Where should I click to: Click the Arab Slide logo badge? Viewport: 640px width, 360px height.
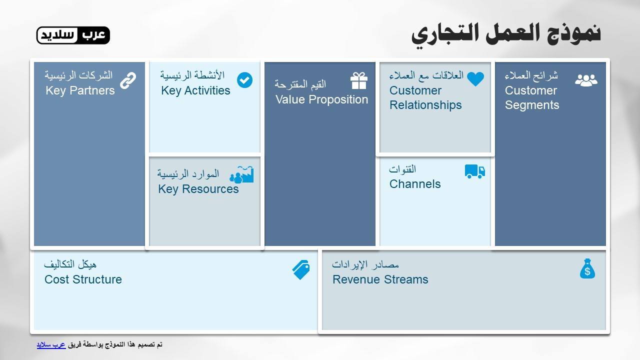73,35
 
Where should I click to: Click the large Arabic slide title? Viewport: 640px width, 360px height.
505,33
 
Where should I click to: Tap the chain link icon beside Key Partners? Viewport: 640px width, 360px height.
128,80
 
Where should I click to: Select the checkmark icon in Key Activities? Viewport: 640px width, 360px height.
244,80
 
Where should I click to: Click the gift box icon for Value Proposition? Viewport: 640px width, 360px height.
358,80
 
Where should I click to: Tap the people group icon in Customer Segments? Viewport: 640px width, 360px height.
586,80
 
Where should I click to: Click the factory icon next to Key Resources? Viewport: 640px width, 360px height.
242,174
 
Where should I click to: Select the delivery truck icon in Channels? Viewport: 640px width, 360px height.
474,171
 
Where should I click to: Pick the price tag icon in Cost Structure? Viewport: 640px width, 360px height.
301,270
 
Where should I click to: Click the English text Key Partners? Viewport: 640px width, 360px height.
80,90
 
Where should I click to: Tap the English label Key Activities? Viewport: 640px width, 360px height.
195,90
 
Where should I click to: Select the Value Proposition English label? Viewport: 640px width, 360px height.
321,99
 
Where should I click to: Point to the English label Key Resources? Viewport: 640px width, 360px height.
198,189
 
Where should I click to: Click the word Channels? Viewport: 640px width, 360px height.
415,184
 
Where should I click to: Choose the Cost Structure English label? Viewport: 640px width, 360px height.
83,279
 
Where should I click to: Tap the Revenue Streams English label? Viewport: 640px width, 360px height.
380,279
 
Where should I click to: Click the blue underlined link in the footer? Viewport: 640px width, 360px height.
51,345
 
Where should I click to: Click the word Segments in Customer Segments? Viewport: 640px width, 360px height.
532,105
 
